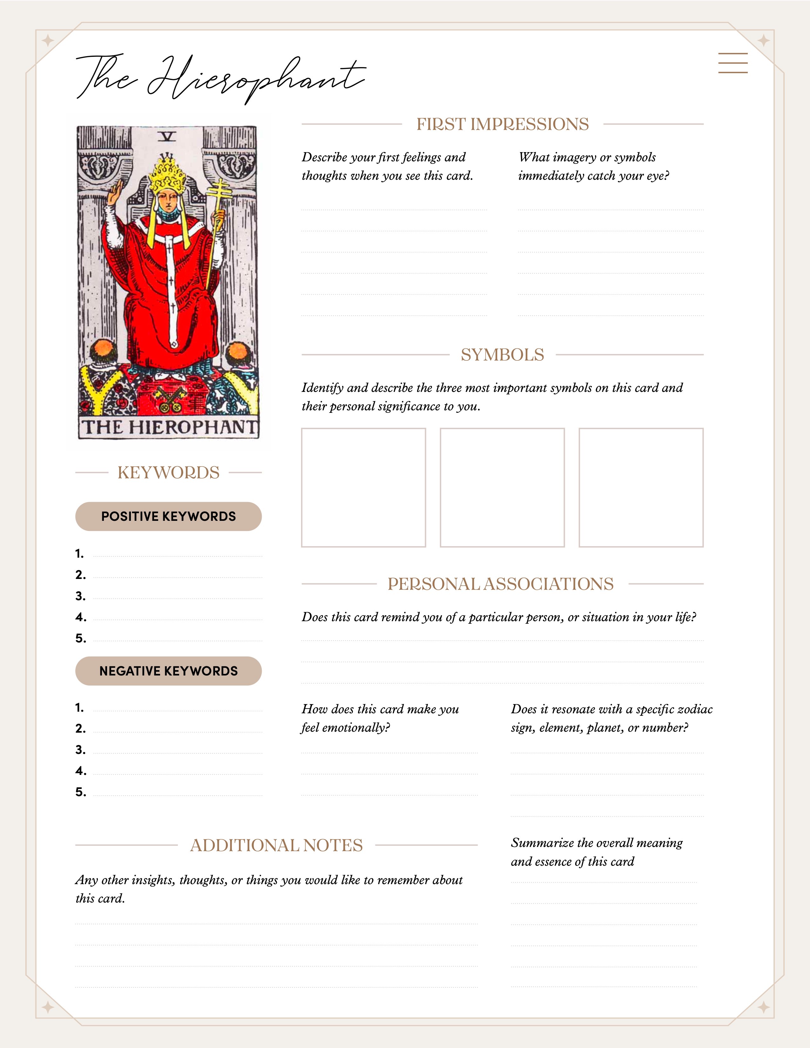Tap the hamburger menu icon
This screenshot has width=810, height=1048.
point(733,63)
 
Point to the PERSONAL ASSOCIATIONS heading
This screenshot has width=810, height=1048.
point(501,584)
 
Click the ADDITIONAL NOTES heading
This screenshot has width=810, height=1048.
point(276,845)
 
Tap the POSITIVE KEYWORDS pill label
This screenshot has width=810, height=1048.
point(168,516)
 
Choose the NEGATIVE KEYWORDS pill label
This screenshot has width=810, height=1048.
point(168,671)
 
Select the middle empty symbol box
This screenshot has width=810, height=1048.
point(502,487)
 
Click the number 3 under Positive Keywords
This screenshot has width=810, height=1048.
point(80,596)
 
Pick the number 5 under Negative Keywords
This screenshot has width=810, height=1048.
point(80,792)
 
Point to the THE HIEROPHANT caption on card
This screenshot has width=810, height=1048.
point(169,427)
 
